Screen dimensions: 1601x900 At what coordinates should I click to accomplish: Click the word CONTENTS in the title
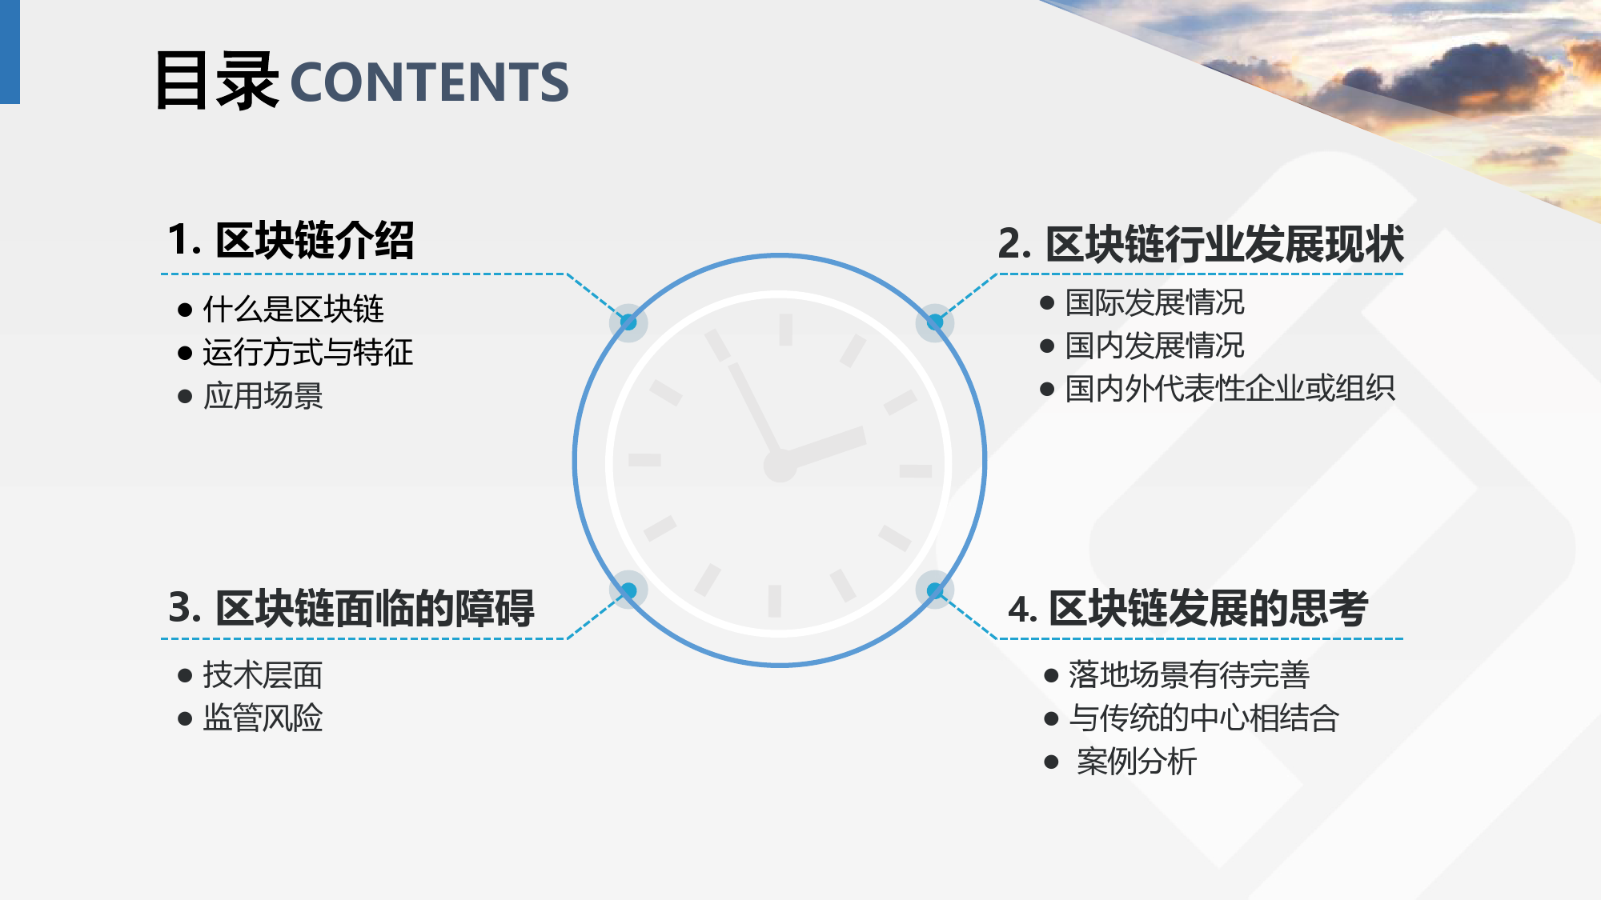point(429,82)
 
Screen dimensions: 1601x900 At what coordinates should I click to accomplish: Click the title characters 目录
point(217,80)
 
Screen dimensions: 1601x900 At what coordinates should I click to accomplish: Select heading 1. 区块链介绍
point(291,240)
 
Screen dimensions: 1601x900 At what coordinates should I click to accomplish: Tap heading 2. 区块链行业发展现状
point(1201,244)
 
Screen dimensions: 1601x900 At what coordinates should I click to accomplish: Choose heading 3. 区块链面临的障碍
point(351,608)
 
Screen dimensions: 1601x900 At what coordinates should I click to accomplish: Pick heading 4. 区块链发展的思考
point(1188,609)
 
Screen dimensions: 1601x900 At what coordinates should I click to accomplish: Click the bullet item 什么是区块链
point(293,309)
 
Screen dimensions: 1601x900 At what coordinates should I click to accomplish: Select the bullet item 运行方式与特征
point(308,352)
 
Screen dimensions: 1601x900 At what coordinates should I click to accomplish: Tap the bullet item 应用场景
point(263,395)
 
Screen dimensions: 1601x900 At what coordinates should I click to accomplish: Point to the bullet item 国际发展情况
point(1154,302)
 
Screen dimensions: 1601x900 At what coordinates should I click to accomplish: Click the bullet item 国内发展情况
point(1154,346)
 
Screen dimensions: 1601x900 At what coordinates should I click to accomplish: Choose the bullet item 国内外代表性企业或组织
point(1230,389)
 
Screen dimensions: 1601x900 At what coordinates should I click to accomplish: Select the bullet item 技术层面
point(263,675)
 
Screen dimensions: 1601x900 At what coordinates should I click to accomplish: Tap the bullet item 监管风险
point(263,718)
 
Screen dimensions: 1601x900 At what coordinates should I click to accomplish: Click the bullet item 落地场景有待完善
point(1189,675)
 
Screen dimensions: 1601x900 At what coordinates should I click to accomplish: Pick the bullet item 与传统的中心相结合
point(1204,718)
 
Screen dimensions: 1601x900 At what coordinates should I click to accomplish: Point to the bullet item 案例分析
point(1137,762)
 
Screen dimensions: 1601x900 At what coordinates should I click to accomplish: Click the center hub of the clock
point(780,465)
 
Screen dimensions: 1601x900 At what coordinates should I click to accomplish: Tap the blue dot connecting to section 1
point(628,322)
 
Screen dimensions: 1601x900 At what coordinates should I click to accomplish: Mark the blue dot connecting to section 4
point(934,590)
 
